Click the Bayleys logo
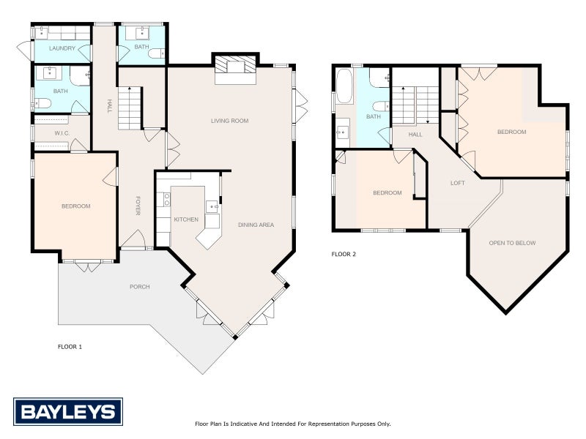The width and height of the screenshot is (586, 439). tap(68, 412)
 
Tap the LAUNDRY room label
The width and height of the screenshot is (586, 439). tap(62, 48)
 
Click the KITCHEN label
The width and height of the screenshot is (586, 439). tap(186, 219)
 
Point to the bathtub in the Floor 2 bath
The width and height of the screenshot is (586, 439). tap(344, 86)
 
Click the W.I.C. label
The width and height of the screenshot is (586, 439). tap(62, 133)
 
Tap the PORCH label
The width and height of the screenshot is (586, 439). tap(140, 287)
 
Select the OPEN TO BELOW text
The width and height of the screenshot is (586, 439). tap(512, 243)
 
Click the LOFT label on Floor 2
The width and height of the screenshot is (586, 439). tap(458, 183)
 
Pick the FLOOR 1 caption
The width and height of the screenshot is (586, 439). tap(70, 347)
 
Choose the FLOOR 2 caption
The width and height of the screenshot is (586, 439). tap(344, 254)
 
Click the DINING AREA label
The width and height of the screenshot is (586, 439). tap(256, 225)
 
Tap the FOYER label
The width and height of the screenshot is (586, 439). tap(138, 206)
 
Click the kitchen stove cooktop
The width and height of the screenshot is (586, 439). tap(167, 200)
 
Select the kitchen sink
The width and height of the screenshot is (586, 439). tap(212, 206)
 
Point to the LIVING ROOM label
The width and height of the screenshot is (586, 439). tap(229, 121)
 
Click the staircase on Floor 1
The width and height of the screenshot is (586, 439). tap(130, 108)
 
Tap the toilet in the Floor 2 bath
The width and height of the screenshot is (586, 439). tap(382, 106)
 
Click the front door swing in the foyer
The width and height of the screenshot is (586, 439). tap(133, 239)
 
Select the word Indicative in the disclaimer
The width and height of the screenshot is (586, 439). tap(243, 424)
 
